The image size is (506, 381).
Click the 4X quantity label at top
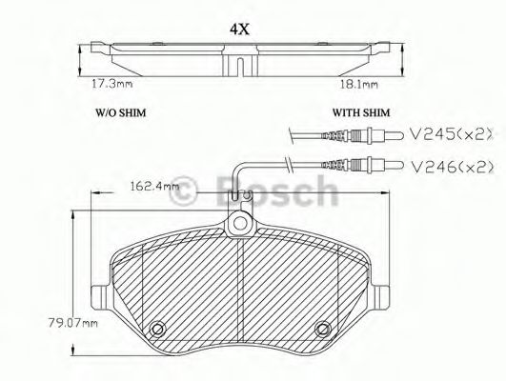click(239, 28)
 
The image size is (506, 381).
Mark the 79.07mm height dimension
click(78, 322)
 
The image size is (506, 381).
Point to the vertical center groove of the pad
click(238, 286)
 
